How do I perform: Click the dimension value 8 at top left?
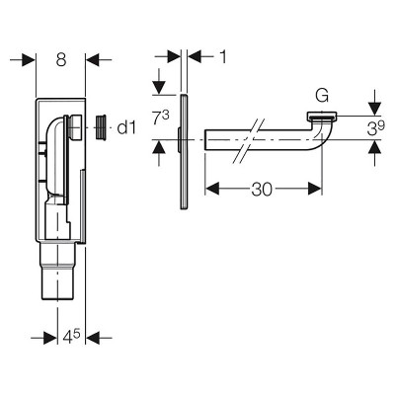pyautogui.click(x=61, y=60)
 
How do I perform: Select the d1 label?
pyautogui.click(x=126, y=127)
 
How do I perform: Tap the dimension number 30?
pyautogui.click(x=262, y=190)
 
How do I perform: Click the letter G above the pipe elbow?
pyautogui.click(x=322, y=96)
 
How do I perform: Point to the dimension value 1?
pyautogui.click(x=223, y=57)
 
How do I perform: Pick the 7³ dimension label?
pyautogui.click(x=161, y=118)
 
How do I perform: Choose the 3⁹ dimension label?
pyautogui.click(x=375, y=128)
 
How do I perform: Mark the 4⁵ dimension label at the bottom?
pyautogui.click(x=71, y=337)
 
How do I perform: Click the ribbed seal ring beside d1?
pyautogui.click(x=101, y=127)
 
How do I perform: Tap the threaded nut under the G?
pyautogui.click(x=322, y=116)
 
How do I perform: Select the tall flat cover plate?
pyautogui.click(x=184, y=152)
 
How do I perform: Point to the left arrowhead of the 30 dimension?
pyautogui.click(x=212, y=189)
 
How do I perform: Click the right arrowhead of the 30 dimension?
pyautogui.click(x=314, y=189)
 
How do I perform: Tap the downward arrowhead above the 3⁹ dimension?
pyautogui.click(x=375, y=109)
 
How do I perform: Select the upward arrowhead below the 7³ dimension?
pyautogui.click(x=159, y=147)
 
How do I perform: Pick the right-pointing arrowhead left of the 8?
pyautogui.click(x=29, y=60)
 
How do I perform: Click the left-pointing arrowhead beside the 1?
pyautogui.click(x=195, y=56)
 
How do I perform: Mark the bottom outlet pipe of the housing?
pyautogui.click(x=58, y=272)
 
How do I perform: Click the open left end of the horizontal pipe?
pyautogui.click(x=205, y=140)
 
